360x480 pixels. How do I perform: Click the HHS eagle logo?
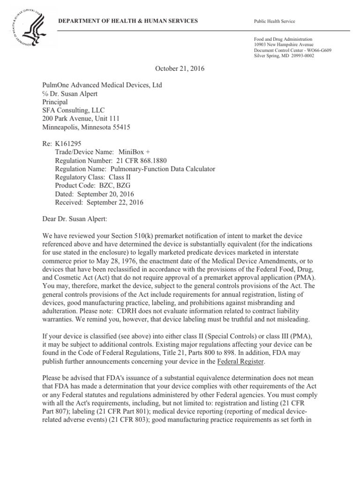(x=26, y=28)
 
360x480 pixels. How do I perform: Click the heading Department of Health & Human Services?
(x=127, y=22)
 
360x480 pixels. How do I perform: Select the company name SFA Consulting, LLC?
(x=74, y=110)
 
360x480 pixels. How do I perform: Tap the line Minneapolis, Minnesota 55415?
(x=86, y=127)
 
